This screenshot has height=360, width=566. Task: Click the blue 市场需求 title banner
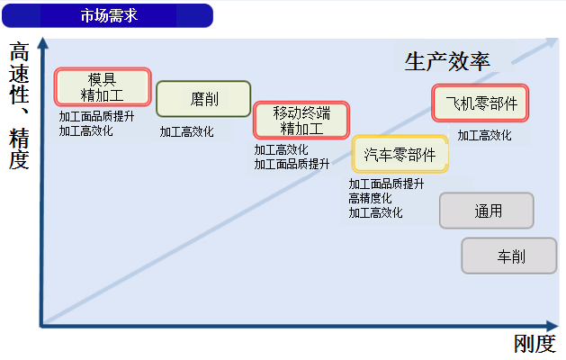point(108,15)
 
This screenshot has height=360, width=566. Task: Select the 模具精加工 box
point(103,87)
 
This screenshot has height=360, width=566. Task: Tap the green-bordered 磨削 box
point(203,99)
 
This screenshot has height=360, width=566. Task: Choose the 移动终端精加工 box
point(301,121)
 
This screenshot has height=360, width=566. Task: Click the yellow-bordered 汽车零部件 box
point(400,154)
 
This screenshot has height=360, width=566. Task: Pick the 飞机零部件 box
point(481,103)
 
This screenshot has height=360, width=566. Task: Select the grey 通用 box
point(487,211)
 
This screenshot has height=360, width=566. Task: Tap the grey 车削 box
point(509,256)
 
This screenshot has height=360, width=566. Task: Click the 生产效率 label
point(447,61)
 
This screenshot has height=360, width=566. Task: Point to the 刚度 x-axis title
point(535,344)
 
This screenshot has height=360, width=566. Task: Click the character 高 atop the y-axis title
point(19,52)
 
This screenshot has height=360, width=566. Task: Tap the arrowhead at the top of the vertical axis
point(43,42)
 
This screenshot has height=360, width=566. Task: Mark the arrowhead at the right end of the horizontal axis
point(553,326)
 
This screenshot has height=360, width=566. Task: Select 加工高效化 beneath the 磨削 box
point(186,131)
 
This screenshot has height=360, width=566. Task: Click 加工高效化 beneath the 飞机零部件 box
point(484,135)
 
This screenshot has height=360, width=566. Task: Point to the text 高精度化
point(370,198)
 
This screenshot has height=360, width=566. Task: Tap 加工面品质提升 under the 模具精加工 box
point(97,116)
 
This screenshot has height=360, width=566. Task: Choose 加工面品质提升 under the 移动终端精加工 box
point(292,165)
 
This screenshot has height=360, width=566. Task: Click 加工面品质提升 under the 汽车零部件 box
point(386,184)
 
